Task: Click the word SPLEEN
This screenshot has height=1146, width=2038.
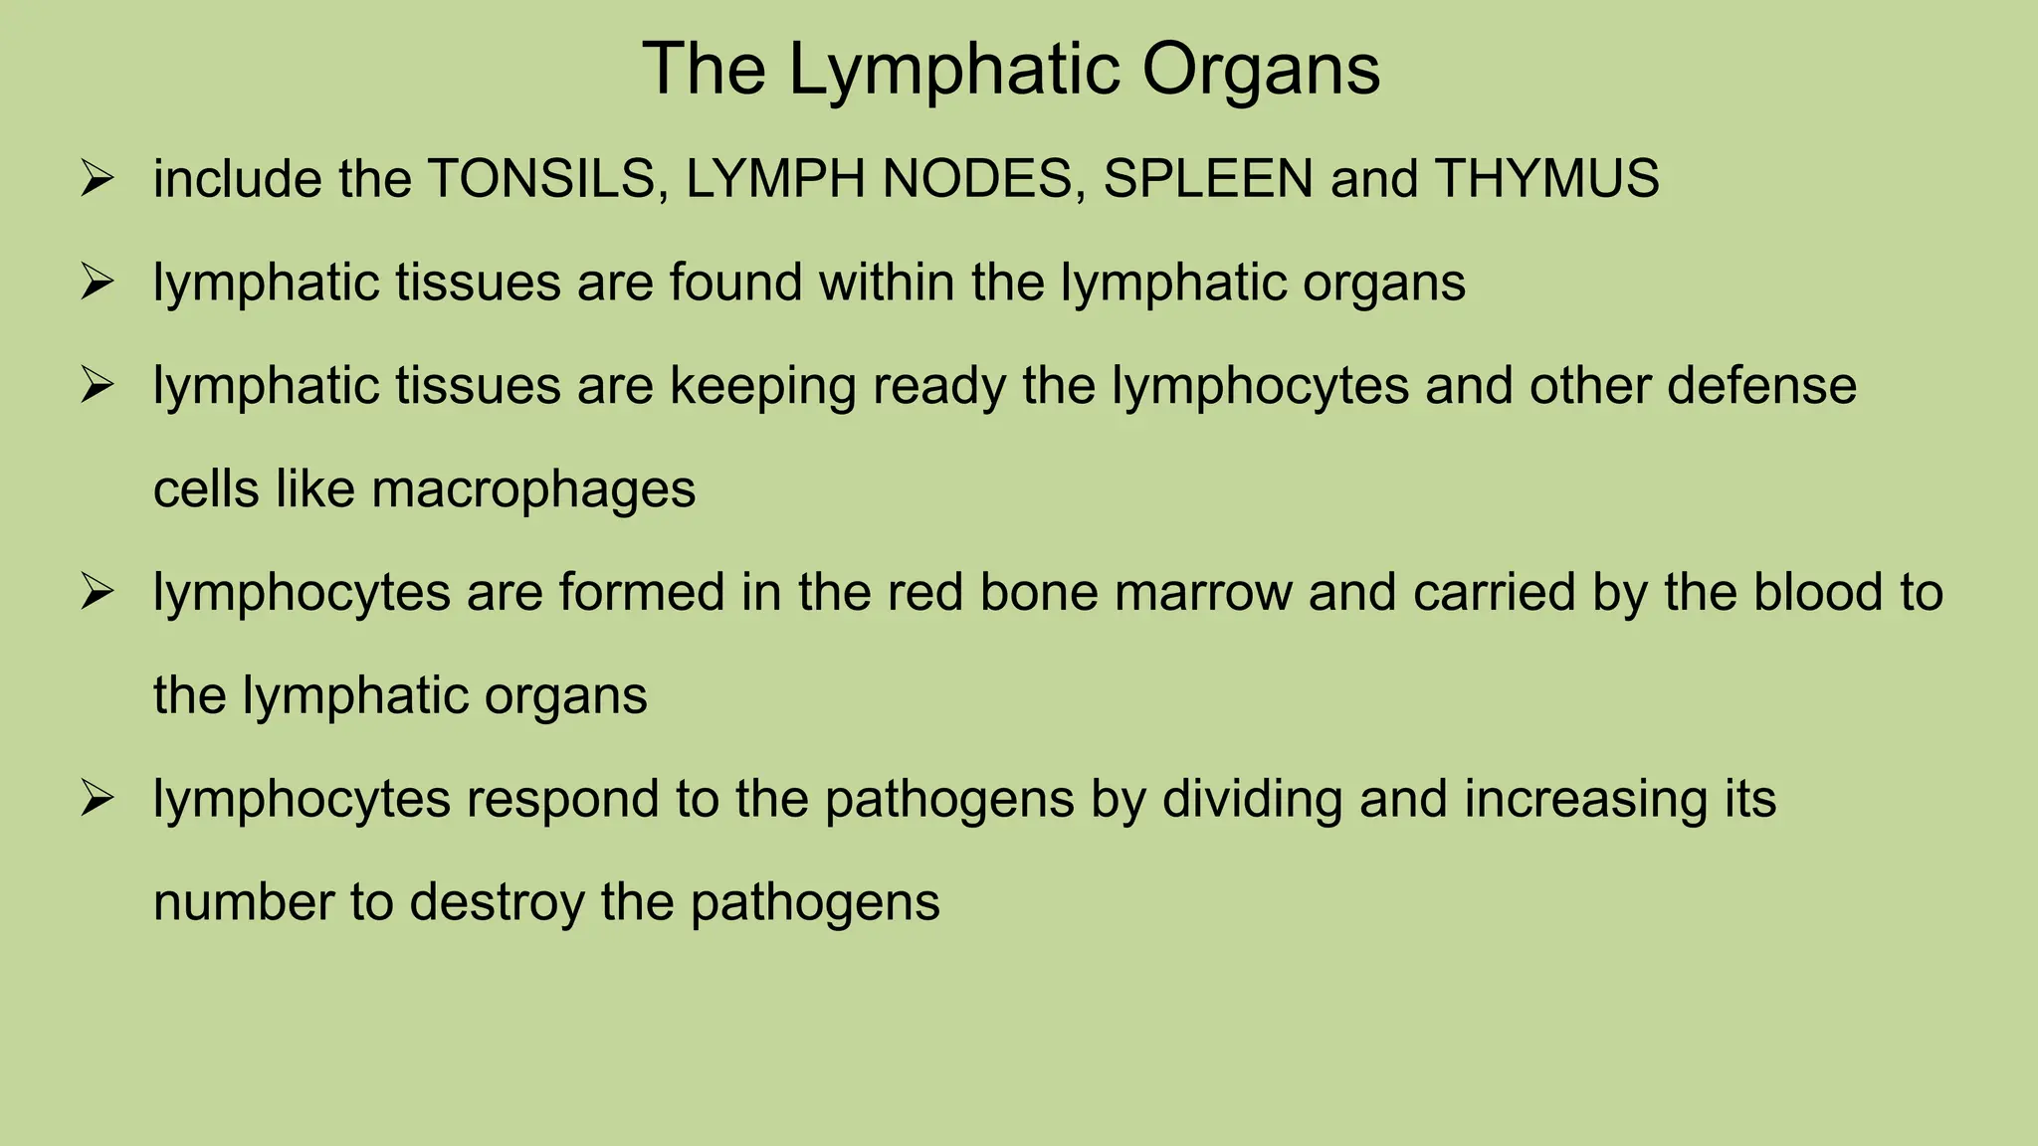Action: (1208, 179)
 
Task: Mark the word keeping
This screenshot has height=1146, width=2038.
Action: (762, 386)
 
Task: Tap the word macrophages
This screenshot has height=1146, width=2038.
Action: (533, 489)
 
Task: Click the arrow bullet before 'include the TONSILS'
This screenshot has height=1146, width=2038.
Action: (98, 180)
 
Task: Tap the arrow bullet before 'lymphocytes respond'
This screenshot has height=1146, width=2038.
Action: (98, 799)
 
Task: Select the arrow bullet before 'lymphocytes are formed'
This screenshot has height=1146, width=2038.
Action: (98, 593)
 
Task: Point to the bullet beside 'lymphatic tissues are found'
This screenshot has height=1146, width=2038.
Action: (98, 283)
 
